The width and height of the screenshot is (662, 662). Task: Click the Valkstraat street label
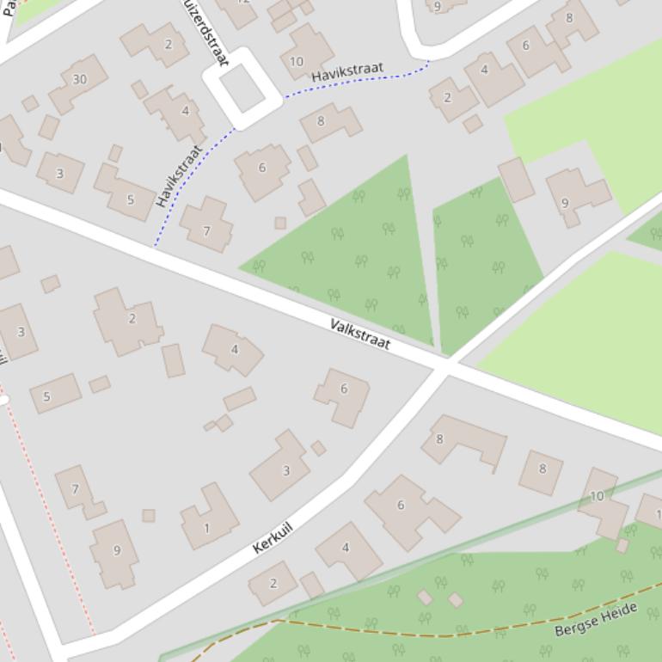(360, 334)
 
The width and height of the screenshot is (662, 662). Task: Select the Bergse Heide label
(596, 620)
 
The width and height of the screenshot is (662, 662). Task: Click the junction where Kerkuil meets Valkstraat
(444, 366)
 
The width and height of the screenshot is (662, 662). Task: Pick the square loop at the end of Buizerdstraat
(242, 88)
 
